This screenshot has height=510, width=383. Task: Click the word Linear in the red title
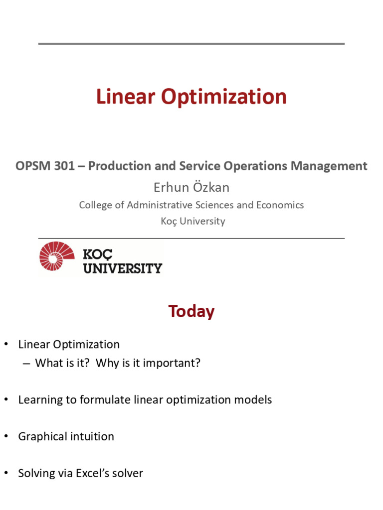(125, 97)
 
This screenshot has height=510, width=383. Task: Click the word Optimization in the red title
(224, 97)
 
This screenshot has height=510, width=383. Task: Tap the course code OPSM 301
(45, 166)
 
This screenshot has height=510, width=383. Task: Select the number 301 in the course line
(64, 166)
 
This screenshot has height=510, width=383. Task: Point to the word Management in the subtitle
(329, 166)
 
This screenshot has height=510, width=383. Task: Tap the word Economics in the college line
(280, 205)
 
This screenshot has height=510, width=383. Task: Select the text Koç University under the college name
(193, 221)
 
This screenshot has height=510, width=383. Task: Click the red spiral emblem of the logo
(56, 256)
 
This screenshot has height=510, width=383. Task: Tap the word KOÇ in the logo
(97, 255)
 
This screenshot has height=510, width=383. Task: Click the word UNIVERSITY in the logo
(123, 268)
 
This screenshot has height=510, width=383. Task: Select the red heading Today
(191, 311)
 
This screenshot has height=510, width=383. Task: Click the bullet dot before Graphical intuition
(6, 436)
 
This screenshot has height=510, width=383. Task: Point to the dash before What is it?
(26, 364)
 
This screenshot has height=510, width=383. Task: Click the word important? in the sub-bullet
(172, 363)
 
